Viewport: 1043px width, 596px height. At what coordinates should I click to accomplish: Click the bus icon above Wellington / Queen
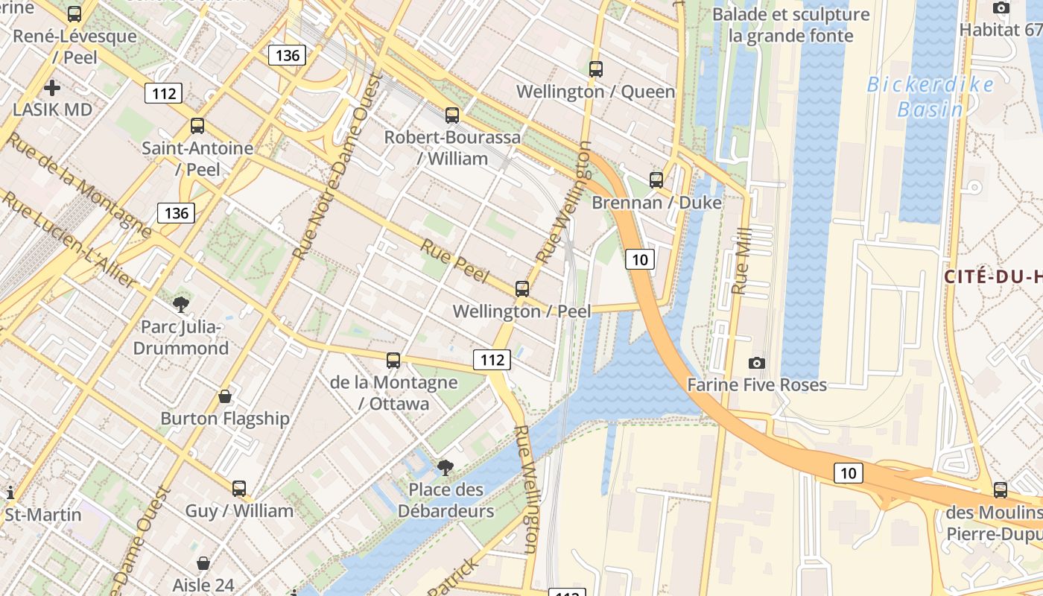(595, 69)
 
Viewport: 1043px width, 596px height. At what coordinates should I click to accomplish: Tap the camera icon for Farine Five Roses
(757, 363)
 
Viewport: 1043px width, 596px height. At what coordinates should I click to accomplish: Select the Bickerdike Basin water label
(930, 97)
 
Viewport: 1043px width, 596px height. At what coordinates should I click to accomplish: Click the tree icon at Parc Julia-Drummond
(180, 304)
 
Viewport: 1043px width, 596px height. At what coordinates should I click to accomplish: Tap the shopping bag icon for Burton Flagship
(224, 396)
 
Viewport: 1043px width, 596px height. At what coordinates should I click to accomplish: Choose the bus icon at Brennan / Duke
(656, 180)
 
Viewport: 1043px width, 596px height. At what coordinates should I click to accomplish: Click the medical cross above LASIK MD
(52, 88)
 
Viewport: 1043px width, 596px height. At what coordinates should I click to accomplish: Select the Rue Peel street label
(454, 261)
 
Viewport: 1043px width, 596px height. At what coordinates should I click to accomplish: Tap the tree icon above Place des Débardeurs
(446, 467)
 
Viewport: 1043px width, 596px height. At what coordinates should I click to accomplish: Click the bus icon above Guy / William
(238, 489)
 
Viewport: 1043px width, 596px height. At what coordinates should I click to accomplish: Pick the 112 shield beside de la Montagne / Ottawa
(492, 361)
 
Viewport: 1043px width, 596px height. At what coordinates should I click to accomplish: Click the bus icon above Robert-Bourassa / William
(452, 115)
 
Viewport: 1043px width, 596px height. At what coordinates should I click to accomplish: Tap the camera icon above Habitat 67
(1001, 8)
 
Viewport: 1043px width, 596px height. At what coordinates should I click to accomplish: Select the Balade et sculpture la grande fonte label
(790, 25)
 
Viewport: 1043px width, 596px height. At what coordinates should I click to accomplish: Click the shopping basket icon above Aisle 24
(203, 563)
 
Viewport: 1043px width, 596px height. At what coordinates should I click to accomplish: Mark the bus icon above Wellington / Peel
(521, 289)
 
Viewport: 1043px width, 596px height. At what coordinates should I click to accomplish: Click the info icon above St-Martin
(10, 492)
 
